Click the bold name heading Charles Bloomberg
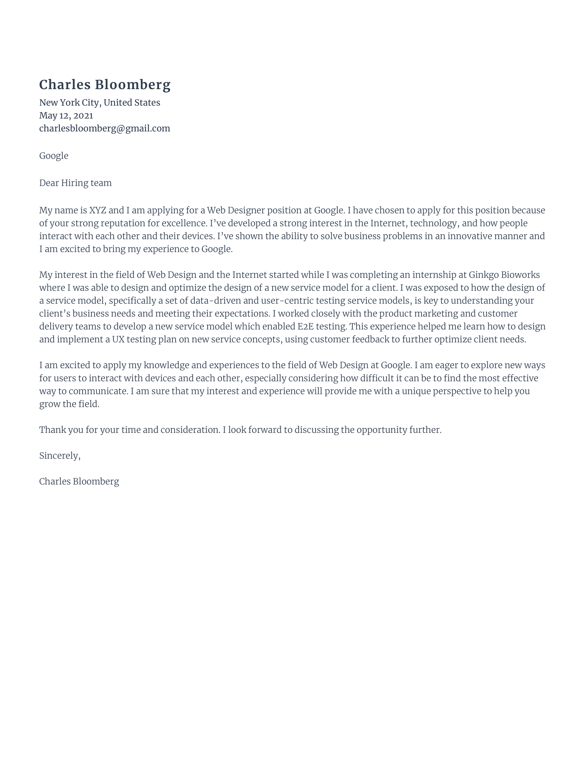[x=105, y=85]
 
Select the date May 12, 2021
[x=66, y=115]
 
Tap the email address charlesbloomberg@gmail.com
[x=104, y=129]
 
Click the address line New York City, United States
[x=99, y=103]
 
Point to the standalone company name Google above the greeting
[x=54, y=156]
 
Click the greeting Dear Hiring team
[x=75, y=183]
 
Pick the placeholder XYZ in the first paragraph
[x=97, y=210]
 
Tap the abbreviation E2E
[x=305, y=327]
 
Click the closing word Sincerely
[x=59, y=456]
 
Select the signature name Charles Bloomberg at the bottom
[x=79, y=481]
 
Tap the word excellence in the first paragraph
[x=184, y=223]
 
